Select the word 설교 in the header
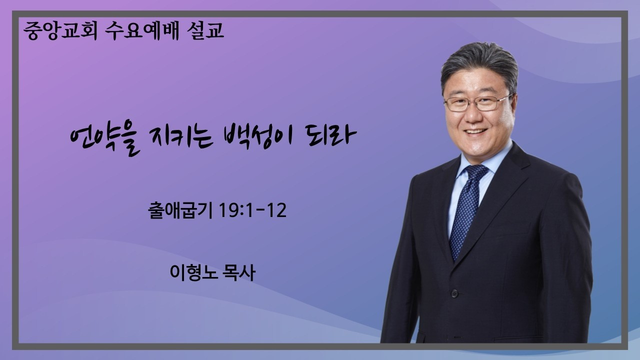click(x=204, y=31)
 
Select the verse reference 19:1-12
click(x=253, y=210)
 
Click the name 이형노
click(x=191, y=272)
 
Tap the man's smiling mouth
click(x=475, y=132)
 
